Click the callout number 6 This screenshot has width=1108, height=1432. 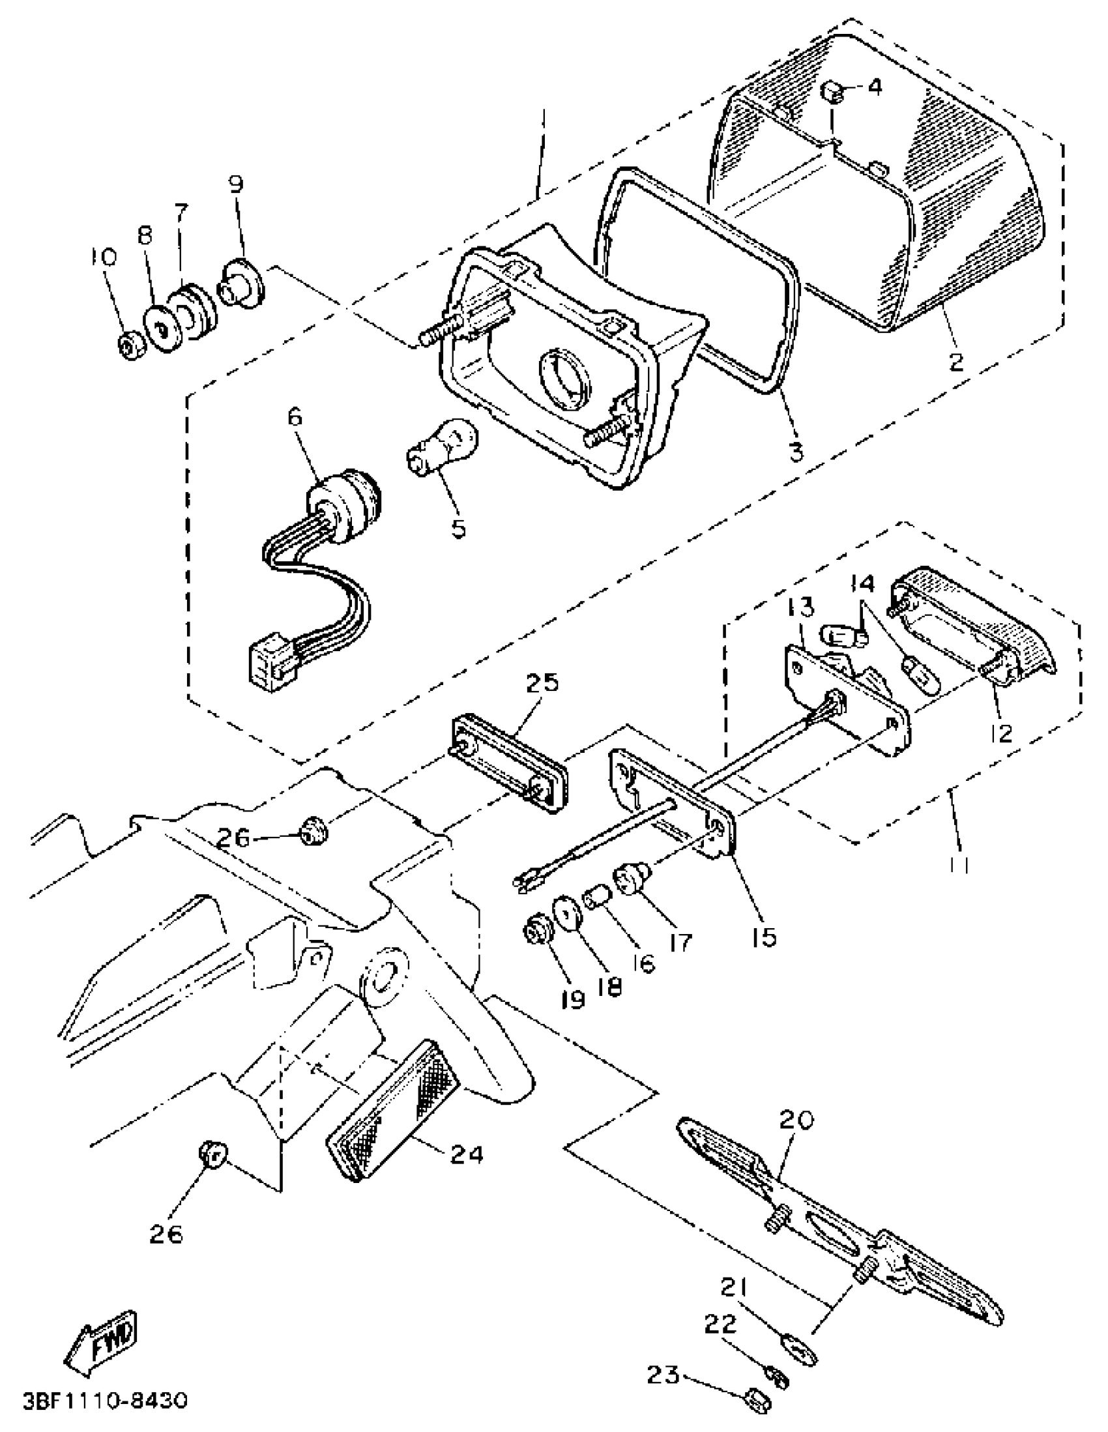296,417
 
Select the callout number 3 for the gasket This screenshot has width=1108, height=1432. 796,451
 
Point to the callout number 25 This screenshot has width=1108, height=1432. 542,682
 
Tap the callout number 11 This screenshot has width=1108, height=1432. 959,866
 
